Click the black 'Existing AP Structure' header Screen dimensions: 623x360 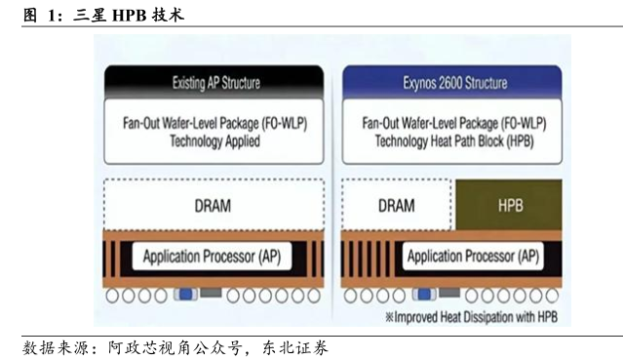[x=214, y=82]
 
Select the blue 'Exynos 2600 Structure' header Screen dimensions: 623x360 [x=452, y=82]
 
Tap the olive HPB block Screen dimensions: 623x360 [x=509, y=205]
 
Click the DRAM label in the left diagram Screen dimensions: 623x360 [x=213, y=206]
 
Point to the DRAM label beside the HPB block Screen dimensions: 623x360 [x=396, y=206]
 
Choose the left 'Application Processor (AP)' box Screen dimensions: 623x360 [x=212, y=257]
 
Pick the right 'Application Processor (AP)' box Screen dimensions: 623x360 [x=473, y=256]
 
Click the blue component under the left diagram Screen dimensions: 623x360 [x=185, y=295]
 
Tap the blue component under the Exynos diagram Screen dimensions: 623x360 [x=424, y=295]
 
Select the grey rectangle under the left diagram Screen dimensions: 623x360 [x=211, y=294]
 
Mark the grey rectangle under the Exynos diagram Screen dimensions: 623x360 [x=449, y=294]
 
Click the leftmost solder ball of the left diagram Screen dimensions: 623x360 [x=112, y=296]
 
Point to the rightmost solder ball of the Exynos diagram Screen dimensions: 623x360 [x=552, y=296]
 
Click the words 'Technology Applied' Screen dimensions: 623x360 [x=214, y=141]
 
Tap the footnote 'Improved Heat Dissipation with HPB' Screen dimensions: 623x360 [x=471, y=317]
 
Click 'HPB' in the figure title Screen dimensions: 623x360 [x=129, y=15]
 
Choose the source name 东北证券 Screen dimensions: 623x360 [x=294, y=347]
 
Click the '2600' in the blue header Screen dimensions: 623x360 [x=448, y=83]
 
